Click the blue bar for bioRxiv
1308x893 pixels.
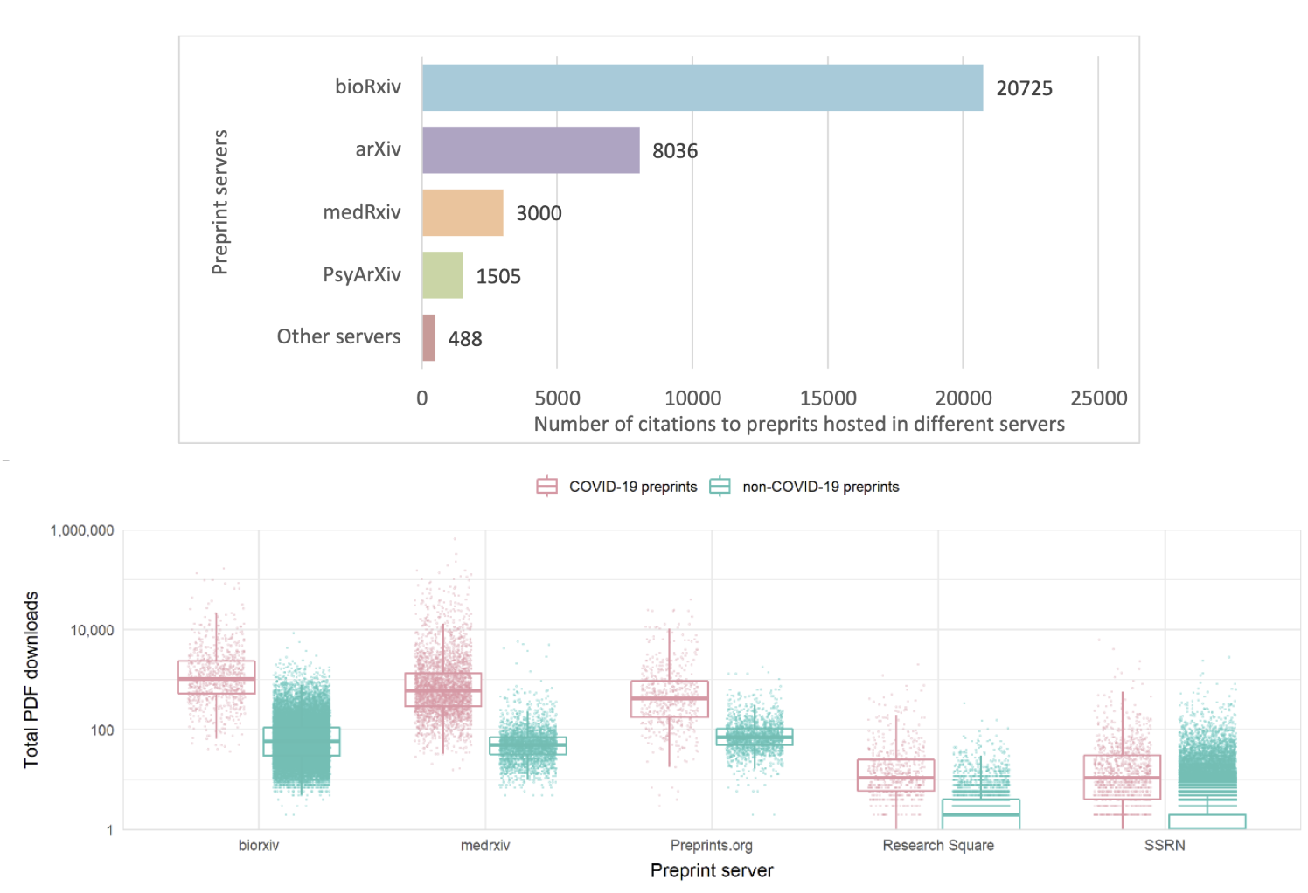tap(702, 87)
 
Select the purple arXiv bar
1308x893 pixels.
tap(531, 150)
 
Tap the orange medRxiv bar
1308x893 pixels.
tap(463, 212)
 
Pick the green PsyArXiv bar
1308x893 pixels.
tap(442, 275)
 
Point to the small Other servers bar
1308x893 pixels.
tap(428, 337)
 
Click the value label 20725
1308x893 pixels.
tap(1024, 88)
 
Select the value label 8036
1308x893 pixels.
tap(675, 151)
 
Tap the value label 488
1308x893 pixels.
tap(465, 339)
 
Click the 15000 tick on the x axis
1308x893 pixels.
tap(828, 398)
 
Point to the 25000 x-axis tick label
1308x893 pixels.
tap(1098, 398)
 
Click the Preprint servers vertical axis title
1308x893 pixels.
tap(220, 202)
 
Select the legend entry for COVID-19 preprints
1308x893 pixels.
tap(617, 487)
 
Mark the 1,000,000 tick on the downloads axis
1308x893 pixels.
tap(82, 530)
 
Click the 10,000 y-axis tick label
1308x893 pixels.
tap(92, 630)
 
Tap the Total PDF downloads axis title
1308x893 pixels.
tap(31, 680)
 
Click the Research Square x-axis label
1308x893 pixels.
tap(938, 845)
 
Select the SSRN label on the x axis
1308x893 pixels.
tap(1165, 845)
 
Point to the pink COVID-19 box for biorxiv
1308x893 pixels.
tap(217, 677)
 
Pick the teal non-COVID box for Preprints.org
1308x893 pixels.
tap(755, 737)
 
